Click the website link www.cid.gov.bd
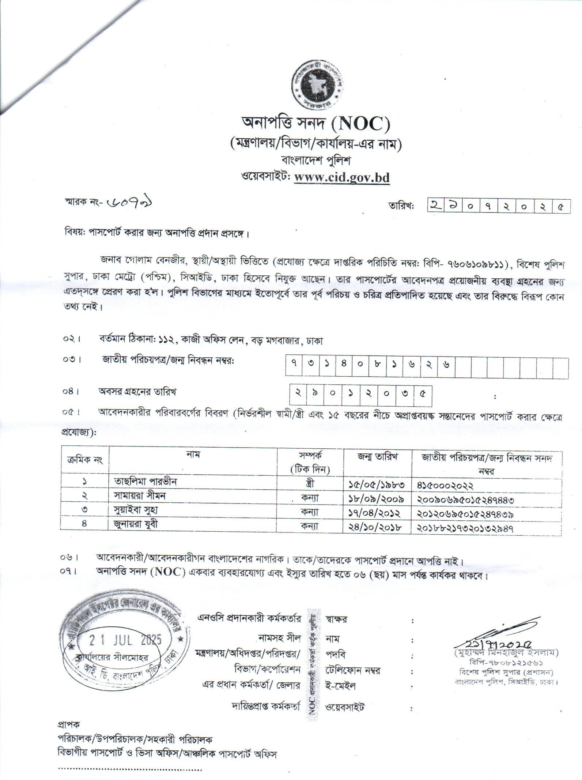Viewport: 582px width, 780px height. tap(342, 178)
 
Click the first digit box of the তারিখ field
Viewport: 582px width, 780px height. tap(435, 206)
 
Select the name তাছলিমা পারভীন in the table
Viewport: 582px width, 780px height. tap(145, 481)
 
